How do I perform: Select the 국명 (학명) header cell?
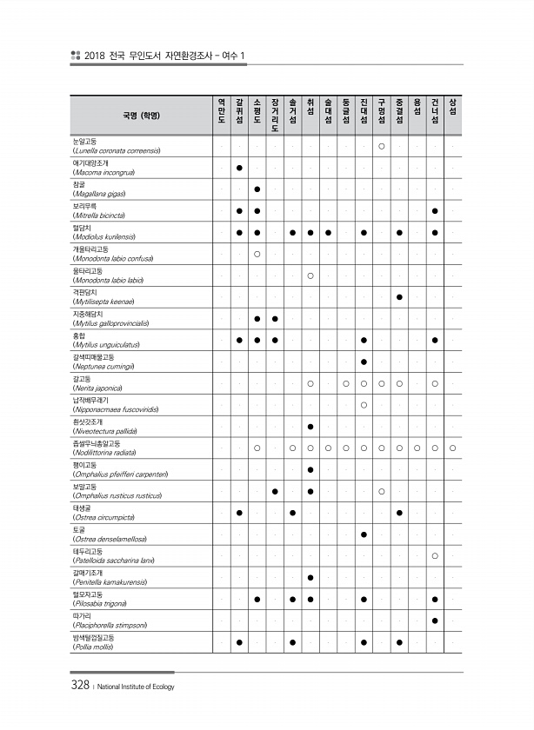141,115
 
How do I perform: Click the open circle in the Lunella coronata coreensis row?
382,145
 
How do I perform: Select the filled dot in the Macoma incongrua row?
239,167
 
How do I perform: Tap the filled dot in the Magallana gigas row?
257,189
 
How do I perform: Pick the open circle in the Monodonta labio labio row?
310,275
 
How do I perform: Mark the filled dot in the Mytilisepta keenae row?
399,297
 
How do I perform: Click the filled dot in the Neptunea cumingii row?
364,362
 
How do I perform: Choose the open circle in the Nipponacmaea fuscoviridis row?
364,405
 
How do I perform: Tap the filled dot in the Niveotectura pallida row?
310,427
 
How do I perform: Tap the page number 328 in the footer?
80,686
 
